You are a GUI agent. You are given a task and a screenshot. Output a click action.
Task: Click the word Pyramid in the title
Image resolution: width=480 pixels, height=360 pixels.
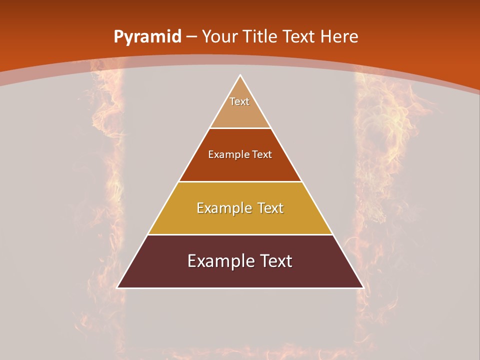coord(147,37)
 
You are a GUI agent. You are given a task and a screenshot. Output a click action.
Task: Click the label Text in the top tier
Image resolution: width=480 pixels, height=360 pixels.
coord(239,101)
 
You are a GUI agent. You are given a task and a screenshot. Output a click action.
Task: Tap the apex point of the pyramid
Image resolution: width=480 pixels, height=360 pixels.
coord(240,75)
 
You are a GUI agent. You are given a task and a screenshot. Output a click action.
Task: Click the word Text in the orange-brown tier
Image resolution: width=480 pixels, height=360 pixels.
coord(262,155)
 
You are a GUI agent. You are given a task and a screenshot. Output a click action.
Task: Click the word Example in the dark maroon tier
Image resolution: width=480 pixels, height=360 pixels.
coord(218,261)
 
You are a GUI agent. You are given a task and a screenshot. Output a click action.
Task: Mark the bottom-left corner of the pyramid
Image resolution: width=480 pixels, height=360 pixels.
coord(117,287)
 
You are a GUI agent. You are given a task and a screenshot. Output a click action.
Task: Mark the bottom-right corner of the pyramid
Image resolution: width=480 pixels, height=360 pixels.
coord(363,287)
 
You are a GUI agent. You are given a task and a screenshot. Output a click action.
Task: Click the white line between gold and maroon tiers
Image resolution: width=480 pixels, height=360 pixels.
coord(240,234)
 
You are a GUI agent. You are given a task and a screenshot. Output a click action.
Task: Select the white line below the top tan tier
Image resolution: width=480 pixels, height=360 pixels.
coord(240,128)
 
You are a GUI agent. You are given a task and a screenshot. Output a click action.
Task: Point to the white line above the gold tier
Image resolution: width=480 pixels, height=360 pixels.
coord(240,181)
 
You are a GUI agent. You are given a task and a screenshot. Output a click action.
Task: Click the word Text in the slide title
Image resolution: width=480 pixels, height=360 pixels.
coord(299,36)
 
